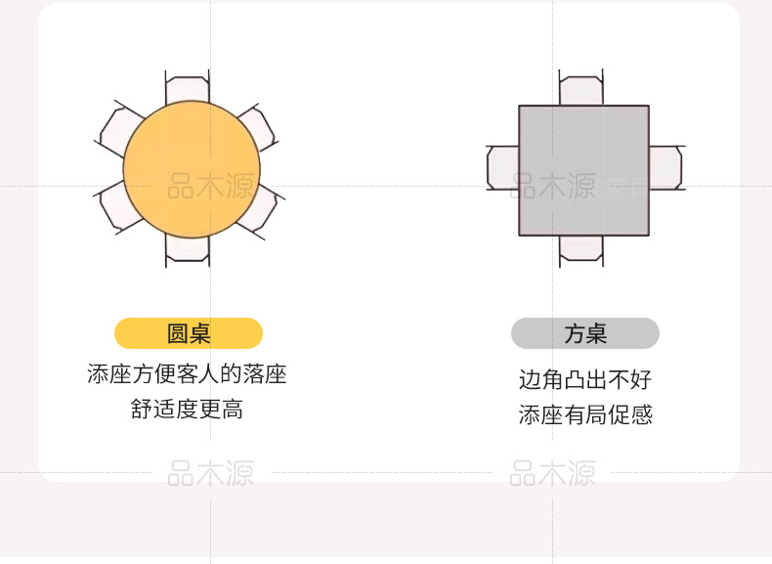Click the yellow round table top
pyautogui.click(x=192, y=168)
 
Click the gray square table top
pyautogui.click(x=583, y=170)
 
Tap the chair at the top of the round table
pyautogui.click(x=187, y=88)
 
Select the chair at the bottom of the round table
pyautogui.click(x=187, y=249)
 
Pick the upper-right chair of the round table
pyautogui.click(x=255, y=126)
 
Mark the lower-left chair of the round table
pyautogui.click(x=117, y=208)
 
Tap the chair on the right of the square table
pyautogui.click(x=665, y=167)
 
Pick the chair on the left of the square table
pyautogui.click(x=502, y=167)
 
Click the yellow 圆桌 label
pyautogui.click(x=189, y=333)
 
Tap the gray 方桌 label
pyautogui.click(x=585, y=333)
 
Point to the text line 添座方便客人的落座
pyautogui.click(x=187, y=374)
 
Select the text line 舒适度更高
pyautogui.click(x=187, y=410)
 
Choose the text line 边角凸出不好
pyautogui.click(x=585, y=379)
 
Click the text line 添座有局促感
pyautogui.click(x=585, y=414)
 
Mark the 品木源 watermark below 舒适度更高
pyautogui.click(x=210, y=474)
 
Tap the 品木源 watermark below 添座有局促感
pyautogui.click(x=552, y=474)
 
